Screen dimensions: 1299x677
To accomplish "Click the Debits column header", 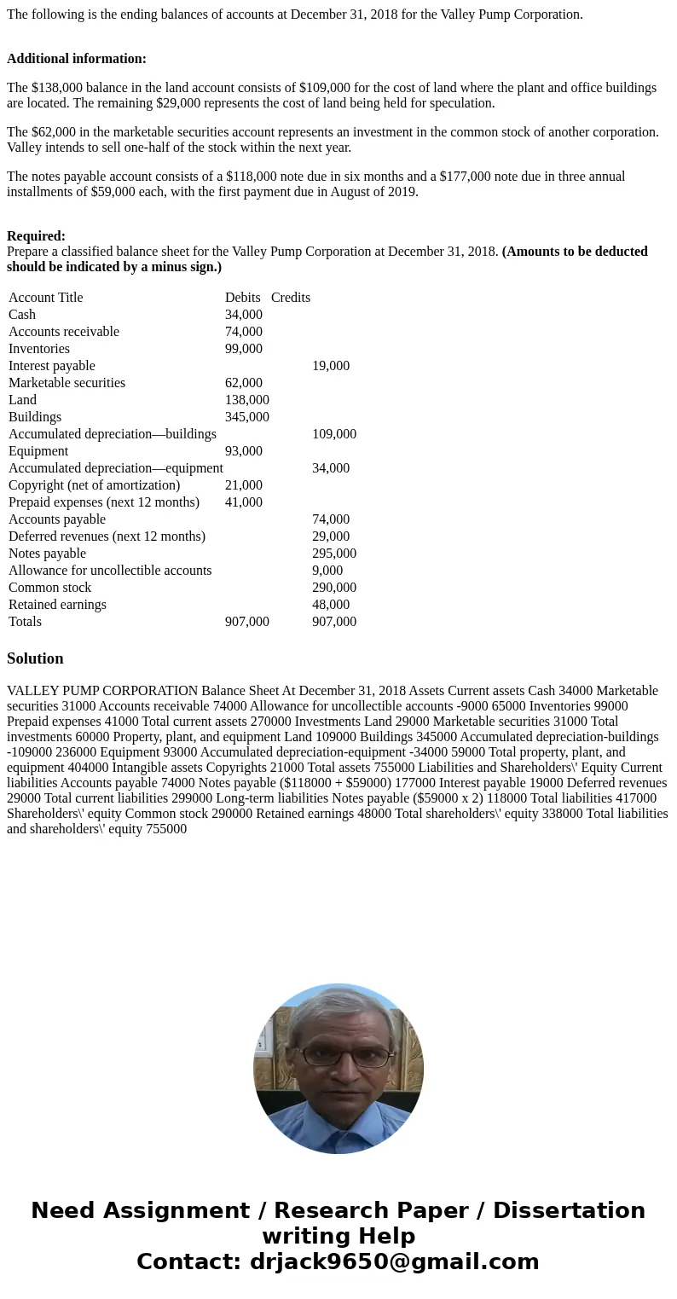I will [x=242, y=298].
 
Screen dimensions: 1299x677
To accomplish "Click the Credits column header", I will [x=290, y=298].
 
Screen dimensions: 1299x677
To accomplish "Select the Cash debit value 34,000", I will [x=243, y=315].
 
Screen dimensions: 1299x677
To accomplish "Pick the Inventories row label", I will [x=39, y=349].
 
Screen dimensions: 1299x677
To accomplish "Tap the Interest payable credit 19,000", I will [x=330, y=366].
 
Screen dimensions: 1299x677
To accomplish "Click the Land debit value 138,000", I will [x=246, y=400].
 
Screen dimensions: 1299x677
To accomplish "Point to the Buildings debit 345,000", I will [x=246, y=417].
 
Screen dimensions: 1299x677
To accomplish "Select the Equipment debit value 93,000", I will [x=243, y=451].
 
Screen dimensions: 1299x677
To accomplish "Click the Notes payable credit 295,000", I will [x=333, y=554].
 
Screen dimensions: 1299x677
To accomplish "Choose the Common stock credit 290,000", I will [x=333, y=588].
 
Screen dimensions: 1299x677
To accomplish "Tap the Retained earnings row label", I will [x=57, y=605].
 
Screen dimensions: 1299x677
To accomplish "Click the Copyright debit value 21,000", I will [x=243, y=485].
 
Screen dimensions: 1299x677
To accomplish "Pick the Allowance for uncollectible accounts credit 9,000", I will [x=327, y=571].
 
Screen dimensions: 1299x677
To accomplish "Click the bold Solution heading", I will [x=35, y=658].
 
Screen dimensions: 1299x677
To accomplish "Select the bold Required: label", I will [x=36, y=236].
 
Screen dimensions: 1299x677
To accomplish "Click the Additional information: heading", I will [x=77, y=59].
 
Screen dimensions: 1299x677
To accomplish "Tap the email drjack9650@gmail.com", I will [x=394, y=1262].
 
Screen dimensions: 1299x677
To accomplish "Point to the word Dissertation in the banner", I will [x=569, y=1211].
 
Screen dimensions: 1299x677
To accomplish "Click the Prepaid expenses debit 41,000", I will [x=243, y=502].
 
